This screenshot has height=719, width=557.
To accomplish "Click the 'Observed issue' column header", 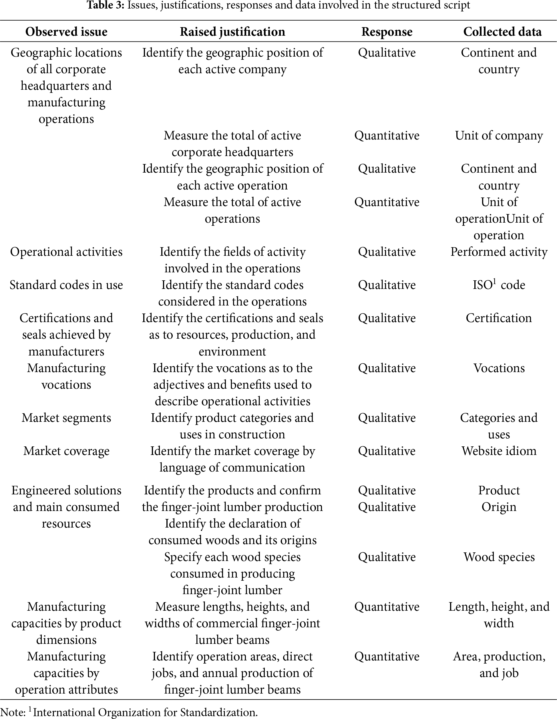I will point(66,32).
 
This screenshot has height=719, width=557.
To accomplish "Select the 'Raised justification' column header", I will point(232,32).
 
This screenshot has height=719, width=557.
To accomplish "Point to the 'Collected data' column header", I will point(502,32).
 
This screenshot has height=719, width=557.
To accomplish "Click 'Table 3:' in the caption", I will point(106,6).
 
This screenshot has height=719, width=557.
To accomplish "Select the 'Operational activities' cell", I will point(66,252).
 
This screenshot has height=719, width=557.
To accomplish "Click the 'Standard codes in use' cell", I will point(66,285).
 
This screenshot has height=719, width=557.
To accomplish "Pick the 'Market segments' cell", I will point(66,418).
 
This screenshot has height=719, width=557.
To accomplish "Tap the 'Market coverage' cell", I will point(66,451).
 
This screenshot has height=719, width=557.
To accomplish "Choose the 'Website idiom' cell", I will point(499,451).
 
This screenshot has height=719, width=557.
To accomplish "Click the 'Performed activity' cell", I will point(499,252).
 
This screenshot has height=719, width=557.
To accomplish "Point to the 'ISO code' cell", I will point(499,285).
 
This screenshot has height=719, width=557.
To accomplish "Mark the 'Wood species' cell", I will point(499,557).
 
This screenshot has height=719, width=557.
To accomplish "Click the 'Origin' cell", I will point(499,507).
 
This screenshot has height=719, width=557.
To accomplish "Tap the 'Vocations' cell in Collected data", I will point(499,368).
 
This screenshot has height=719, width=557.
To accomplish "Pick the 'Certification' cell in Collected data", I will point(499,318).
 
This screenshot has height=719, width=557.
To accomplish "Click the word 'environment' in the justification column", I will point(232,351).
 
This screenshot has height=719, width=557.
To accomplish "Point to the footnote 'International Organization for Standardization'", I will point(145,712).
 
